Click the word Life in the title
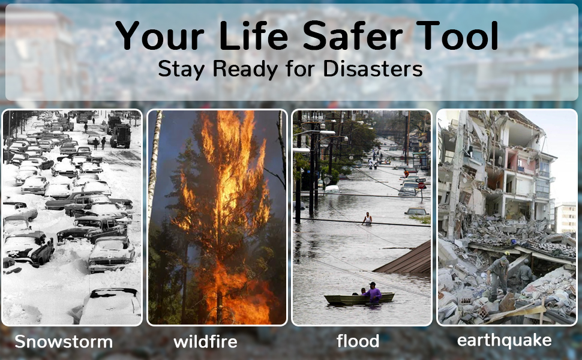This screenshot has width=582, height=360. pyautogui.click(x=254, y=35)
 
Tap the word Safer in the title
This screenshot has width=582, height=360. pyautogui.click(x=353, y=35)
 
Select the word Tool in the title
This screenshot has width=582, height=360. pyautogui.click(x=457, y=35)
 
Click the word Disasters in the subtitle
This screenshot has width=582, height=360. pyautogui.click(x=373, y=68)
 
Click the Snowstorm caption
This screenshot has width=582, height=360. pyautogui.click(x=64, y=341)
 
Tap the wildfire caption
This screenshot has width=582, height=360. pyautogui.click(x=205, y=341)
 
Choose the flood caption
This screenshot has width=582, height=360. pyautogui.click(x=358, y=341)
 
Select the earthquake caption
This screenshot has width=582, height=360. pyautogui.click(x=504, y=340)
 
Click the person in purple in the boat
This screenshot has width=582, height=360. pyautogui.click(x=372, y=292)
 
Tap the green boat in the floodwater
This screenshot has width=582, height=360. pyautogui.click(x=359, y=299)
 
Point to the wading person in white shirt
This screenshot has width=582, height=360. pyautogui.click(x=367, y=218)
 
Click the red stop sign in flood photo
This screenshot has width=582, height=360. pyautogui.click(x=421, y=185)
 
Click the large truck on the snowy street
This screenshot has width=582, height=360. pyautogui.click(x=121, y=136)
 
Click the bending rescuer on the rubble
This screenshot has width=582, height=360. pyautogui.click(x=498, y=277)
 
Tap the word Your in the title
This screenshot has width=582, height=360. pyautogui.click(x=160, y=35)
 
